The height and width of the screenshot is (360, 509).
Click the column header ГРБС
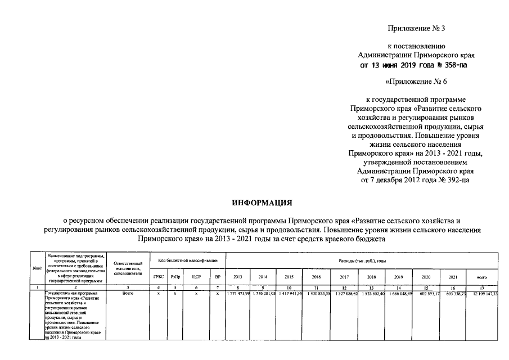pyautogui.click(x=159, y=277)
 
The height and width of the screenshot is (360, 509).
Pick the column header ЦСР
pyautogui.click(x=196, y=277)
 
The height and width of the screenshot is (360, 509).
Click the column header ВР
pyautogui.click(x=217, y=277)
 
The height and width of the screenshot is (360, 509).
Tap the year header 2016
pyautogui.click(x=316, y=277)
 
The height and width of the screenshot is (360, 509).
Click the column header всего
pyautogui.click(x=481, y=277)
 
